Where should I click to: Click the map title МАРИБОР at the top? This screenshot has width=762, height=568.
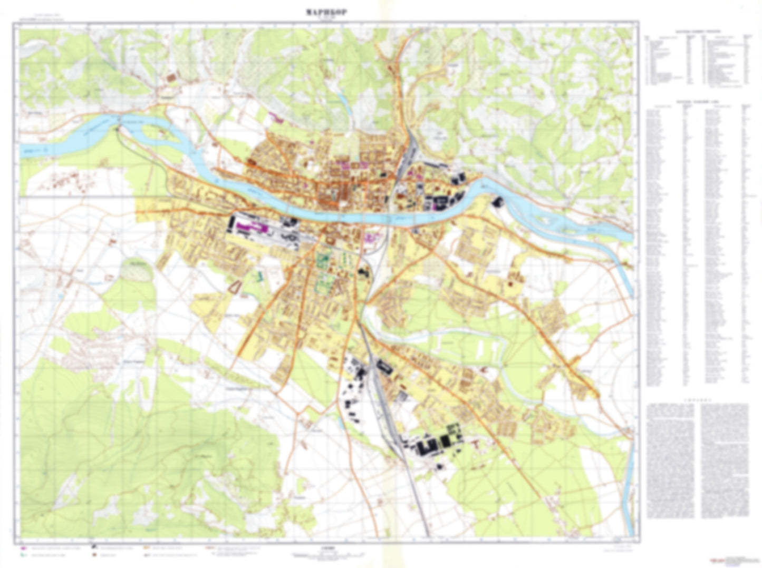pos(326,13)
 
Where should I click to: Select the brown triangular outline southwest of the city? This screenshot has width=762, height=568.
pos(235,286)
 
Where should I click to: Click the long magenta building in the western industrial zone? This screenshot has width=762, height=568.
pos(250,227)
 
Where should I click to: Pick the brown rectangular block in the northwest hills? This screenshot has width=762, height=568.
pos(172,77)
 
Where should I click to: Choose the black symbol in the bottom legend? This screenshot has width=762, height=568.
pos(93,548)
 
